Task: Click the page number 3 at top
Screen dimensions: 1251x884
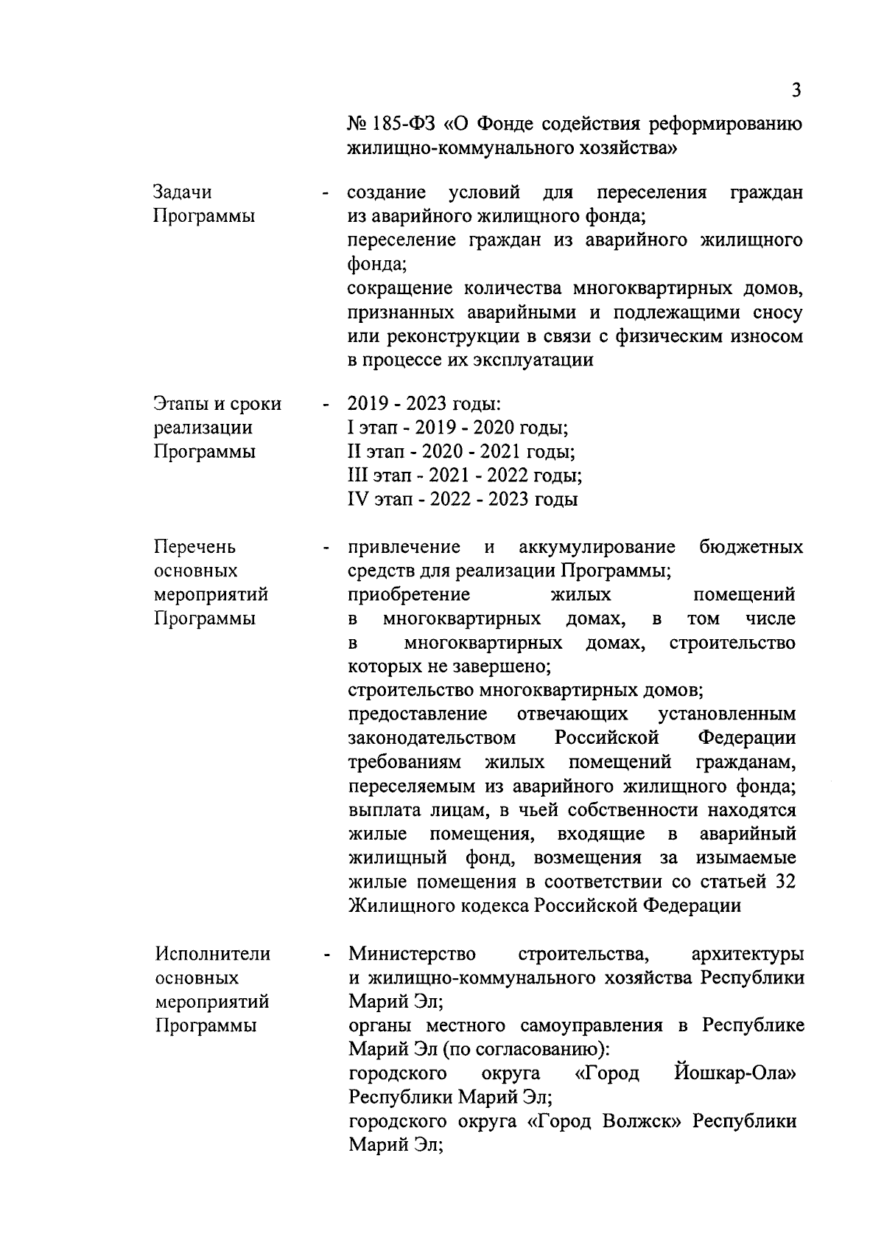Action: coord(796,91)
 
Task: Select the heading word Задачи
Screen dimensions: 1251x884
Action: coord(182,192)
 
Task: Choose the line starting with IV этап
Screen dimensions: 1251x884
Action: coord(462,499)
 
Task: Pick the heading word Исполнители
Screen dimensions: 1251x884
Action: coord(213,954)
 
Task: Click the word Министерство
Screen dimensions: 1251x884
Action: coord(412,954)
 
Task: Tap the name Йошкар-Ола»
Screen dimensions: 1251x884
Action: coord(734,1073)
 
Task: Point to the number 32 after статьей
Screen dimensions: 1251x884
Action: coord(785,882)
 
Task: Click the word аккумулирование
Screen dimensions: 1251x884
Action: coord(597,547)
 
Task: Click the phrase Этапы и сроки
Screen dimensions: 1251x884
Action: coord(217,404)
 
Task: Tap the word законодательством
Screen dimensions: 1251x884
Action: coord(432,738)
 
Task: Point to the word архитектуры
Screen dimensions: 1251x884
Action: coord(747,954)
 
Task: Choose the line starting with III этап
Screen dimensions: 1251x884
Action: coord(464,475)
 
